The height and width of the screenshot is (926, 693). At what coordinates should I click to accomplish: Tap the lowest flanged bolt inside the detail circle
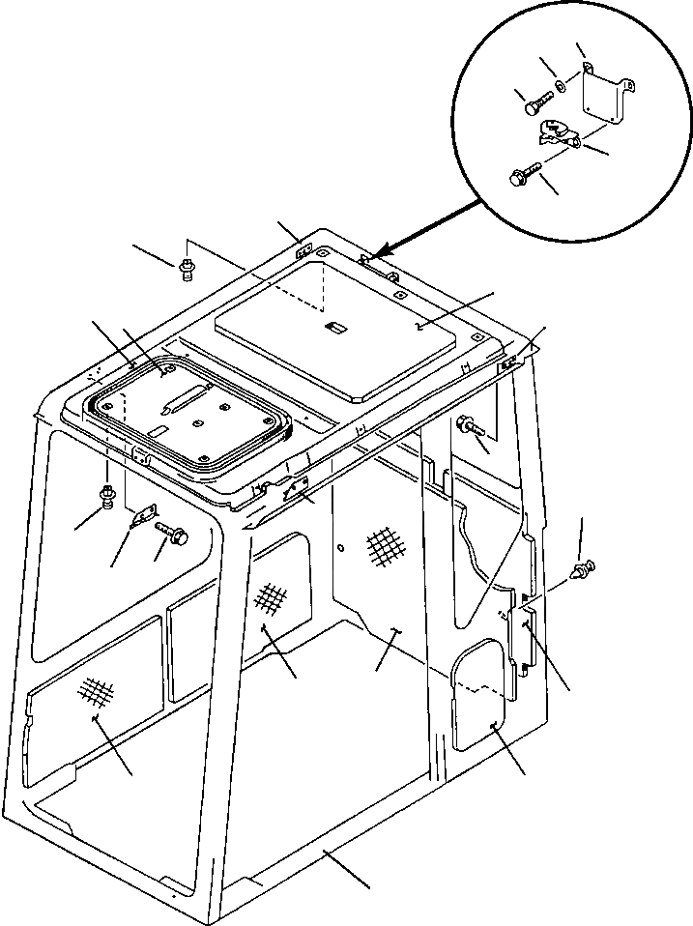[x=521, y=178]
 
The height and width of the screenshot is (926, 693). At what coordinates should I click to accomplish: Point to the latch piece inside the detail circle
[x=558, y=133]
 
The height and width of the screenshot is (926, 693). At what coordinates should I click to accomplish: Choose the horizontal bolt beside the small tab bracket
[x=172, y=530]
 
